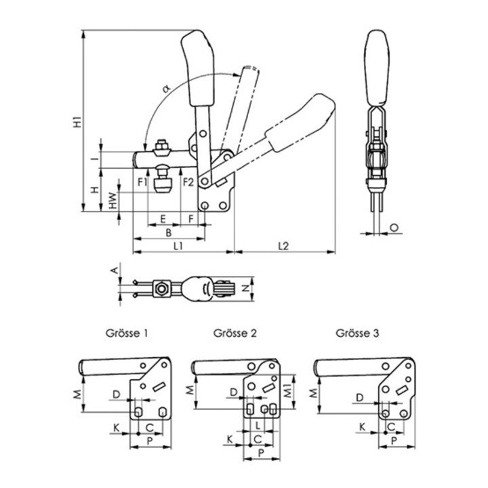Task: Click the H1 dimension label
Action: [78, 123]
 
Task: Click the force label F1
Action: [142, 182]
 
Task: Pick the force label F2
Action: [188, 182]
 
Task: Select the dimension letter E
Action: [163, 218]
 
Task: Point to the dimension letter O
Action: [394, 228]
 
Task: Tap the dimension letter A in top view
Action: [115, 270]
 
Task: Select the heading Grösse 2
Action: [235, 333]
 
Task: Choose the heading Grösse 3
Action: [357, 333]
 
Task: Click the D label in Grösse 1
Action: [117, 393]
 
